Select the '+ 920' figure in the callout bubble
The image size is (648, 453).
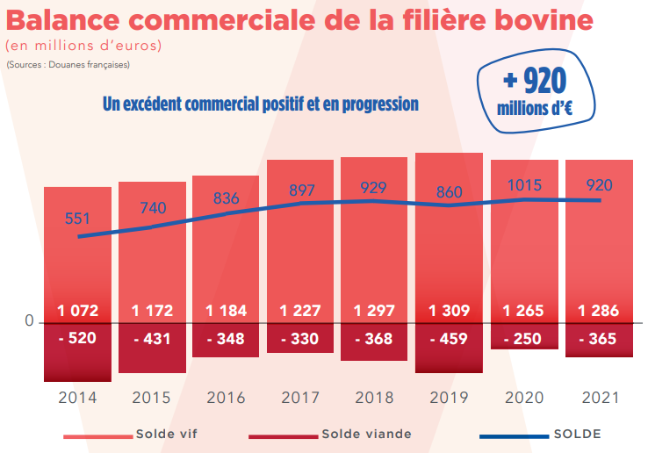[x=534, y=82]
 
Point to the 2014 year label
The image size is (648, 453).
[x=77, y=398]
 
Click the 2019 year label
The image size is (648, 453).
[x=449, y=398]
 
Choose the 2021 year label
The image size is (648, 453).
[x=598, y=398]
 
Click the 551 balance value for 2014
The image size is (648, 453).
[x=77, y=217]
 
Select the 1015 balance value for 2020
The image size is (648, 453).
[x=524, y=185]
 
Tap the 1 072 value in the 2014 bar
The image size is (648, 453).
[x=77, y=311]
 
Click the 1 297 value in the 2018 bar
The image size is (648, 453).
[x=374, y=311]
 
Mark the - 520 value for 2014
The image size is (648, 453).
[x=77, y=339]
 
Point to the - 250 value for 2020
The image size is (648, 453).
[x=524, y=339]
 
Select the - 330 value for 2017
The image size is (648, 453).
[x=300, y=339]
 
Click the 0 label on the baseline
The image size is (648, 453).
[x=29, y=322]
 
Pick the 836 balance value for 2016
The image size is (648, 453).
[x=226, y=198]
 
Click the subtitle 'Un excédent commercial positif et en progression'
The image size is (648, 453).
[x=261, y=104]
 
